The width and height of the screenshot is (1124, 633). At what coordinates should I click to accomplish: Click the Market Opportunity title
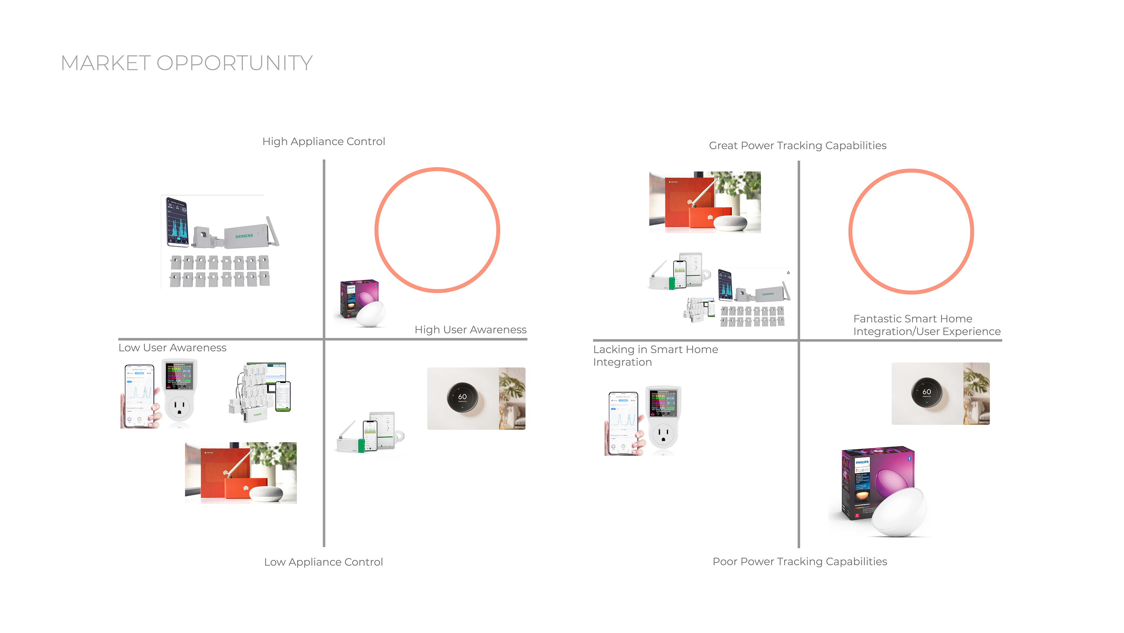click(186, 63)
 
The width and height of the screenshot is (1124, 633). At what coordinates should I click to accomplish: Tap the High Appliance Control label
click(323, 142)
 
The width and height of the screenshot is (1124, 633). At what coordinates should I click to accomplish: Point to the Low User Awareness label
click(172, 348)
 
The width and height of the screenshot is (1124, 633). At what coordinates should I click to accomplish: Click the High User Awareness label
click(470, 330)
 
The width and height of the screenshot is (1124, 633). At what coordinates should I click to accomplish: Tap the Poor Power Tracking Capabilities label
click(799, 561)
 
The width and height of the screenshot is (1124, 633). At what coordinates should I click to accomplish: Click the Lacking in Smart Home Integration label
click(655, 355)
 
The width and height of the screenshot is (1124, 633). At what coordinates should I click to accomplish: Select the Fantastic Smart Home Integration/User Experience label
click(926, 325)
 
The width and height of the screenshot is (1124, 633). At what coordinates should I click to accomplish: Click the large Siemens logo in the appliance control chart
click(244, 236)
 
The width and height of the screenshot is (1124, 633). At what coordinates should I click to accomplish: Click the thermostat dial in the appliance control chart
click(462, 398)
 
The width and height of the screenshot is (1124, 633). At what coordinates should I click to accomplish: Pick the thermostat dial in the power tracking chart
click(926, 393)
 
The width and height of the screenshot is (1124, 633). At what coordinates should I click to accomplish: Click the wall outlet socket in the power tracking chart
click(663, 435)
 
